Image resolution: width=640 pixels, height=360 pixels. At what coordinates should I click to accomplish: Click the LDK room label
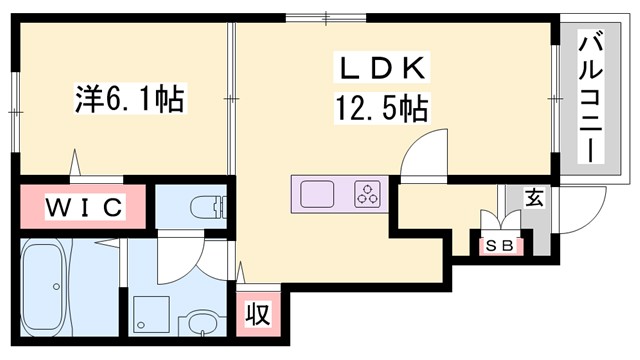(x=383, y=70)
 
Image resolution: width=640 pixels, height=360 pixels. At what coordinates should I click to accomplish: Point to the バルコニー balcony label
(x=591, y=98)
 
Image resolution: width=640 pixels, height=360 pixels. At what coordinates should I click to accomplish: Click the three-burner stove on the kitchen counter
(x=367, y=192)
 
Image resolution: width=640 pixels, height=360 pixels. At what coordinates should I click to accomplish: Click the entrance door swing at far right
(x=581, y=210)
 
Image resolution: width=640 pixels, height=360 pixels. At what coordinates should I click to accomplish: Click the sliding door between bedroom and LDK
(x=232, y=100)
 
